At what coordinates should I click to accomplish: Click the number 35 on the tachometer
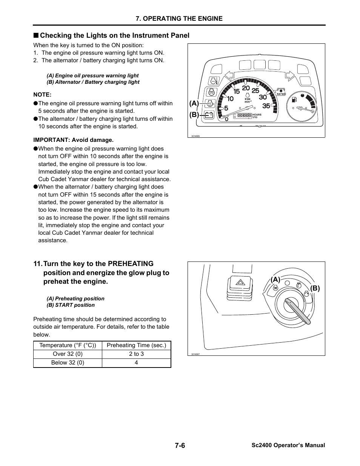point(266,106)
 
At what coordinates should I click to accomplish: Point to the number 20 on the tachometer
point(246,88)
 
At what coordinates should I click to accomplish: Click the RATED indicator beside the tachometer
point(281,92)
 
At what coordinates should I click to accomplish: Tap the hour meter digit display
point(244,115)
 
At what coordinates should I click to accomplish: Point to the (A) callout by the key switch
point(275,280)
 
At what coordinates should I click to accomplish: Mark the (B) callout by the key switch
point(315,288)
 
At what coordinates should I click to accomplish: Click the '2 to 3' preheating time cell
point(136,354)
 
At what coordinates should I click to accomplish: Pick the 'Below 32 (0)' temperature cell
point(68,363)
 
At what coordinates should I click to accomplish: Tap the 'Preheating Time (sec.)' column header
point(136,345)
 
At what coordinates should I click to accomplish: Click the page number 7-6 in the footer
point(180,445)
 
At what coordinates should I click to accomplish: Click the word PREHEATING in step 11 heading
point(131,264)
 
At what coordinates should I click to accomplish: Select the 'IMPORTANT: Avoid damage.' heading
point(73,140)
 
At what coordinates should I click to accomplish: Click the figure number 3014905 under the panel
point(195,136)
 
